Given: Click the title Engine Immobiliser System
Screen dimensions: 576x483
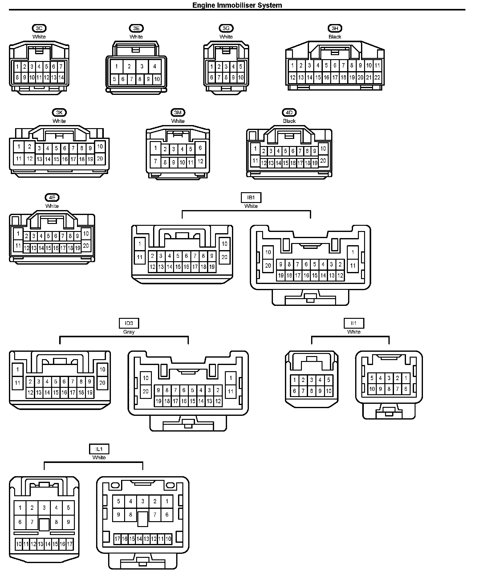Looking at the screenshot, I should coord(237,5).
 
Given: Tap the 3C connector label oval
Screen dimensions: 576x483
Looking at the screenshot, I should coord(39,28).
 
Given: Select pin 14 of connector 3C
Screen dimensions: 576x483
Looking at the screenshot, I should coord(61,77).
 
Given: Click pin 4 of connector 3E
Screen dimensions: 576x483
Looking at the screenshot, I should coord(155,66).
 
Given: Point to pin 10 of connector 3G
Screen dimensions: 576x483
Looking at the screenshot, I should coord(241,77).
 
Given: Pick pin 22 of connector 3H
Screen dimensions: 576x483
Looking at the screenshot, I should coord(377,77).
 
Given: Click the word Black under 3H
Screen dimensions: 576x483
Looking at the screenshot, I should coord(335,37).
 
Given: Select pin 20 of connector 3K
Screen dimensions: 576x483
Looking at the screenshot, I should coord(100,159).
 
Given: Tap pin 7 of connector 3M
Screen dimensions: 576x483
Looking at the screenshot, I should coord(156,161).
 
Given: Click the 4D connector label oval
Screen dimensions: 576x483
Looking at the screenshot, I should coord(289,112).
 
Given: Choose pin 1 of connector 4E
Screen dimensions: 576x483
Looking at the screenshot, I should coord(18,234).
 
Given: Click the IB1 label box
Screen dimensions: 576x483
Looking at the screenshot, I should coord(251,197).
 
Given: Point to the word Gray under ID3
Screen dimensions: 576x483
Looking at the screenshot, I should coord(129,332).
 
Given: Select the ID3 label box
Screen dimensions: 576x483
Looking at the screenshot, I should coord(129,323).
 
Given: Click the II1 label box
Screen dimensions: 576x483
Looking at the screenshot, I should coord(354,323).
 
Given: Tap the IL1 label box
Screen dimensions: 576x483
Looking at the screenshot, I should coord(99,449).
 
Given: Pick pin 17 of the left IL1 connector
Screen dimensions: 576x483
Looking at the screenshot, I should coord(70,544).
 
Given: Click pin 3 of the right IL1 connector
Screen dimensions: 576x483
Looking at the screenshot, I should coord(143,501).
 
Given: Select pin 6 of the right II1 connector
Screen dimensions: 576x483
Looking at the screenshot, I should coord(406,389).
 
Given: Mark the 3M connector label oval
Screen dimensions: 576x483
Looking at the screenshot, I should coord(178,112).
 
